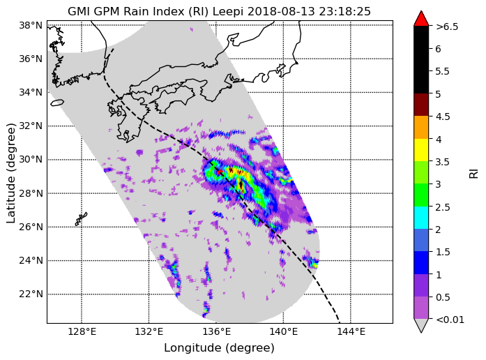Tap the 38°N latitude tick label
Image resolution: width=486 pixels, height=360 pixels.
pos(31,25)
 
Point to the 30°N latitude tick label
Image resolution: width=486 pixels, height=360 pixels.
pos(31,159)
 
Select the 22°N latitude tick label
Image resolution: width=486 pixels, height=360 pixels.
pos(31,294)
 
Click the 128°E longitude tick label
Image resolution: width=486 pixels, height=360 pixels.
pos(82,332)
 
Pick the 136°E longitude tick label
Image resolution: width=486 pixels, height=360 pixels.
pos(216,332)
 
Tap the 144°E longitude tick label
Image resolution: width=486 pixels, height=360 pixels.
pos(351,332)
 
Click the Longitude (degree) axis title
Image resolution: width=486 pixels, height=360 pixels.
pos(219,348)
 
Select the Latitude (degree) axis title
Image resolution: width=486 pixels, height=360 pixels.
pos(10,173)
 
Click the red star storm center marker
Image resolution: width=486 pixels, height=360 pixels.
pos(220,172)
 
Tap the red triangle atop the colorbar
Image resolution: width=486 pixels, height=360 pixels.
pos(421,19)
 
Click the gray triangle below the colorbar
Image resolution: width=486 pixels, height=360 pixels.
pos(421,325)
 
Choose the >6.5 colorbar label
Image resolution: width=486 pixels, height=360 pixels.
pos(447,27)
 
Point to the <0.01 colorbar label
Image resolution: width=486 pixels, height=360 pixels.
pos(450,320)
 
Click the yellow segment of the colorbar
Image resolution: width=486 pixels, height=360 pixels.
pos(421,150)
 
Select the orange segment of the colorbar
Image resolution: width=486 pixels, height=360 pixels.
pos(421,127)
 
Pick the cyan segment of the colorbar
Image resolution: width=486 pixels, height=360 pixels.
pos(421,218)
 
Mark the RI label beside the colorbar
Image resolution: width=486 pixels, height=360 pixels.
pos(473,173)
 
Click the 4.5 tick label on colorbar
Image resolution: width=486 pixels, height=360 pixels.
pos(443,117)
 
